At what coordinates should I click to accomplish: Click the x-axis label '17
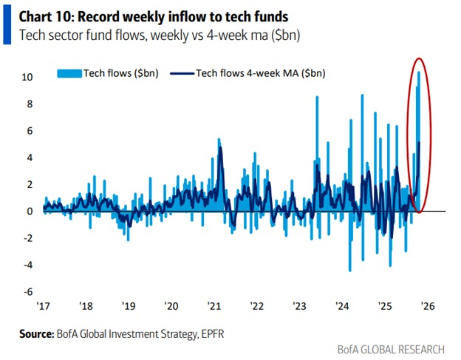pyautogui.click(x=44, y=305)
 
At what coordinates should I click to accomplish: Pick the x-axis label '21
pyautogui.click(x=214, y=305)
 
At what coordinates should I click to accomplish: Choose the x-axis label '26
pyautogui.click(x=428, y=305)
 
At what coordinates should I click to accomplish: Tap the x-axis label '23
pyautogui.click(x=300, y=305)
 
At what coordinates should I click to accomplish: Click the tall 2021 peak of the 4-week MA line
pyautogui.click(x=220, y=149)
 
